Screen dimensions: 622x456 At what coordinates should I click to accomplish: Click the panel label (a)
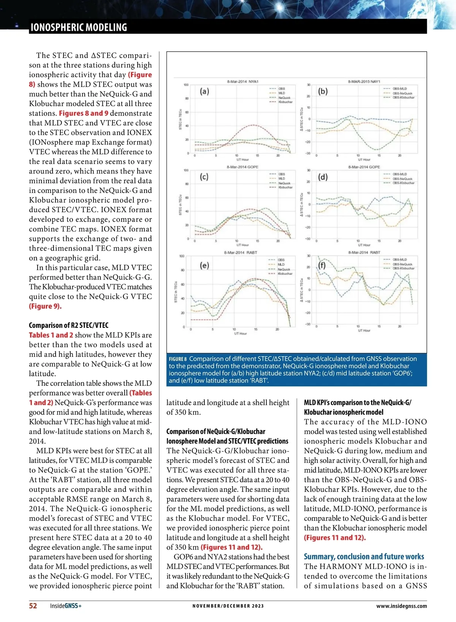point(204,91)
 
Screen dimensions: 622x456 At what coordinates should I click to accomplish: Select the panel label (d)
point(323,177)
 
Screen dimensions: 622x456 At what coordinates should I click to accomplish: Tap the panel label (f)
point(322,265)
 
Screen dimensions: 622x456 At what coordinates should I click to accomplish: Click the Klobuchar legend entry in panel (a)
point(285,102)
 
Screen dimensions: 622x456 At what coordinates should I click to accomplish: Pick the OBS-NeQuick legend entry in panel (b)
point(402,93)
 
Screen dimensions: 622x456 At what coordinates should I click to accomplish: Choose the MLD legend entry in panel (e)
point(281,264)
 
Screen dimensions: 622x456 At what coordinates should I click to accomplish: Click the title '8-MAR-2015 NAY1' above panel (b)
point(364,82)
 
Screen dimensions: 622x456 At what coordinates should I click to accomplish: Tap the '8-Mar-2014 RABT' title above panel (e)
point(241,253)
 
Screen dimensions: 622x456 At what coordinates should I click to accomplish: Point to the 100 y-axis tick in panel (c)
point(186,170)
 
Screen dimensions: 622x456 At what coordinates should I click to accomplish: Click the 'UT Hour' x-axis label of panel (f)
point(364,330)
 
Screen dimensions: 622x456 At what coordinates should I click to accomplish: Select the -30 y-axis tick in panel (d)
point(308,239)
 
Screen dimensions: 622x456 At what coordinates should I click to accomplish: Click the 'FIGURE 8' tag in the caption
point(178,359)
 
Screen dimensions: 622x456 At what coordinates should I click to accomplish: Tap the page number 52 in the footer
point(33,606)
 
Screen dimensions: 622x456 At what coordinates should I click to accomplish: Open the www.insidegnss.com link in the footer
point(401,606)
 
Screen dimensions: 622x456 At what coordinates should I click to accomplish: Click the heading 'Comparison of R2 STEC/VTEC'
point(68,325)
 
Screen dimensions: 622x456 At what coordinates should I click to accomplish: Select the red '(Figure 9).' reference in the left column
point(45,306)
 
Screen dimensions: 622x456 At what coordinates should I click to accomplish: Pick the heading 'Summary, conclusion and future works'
point(364,557)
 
